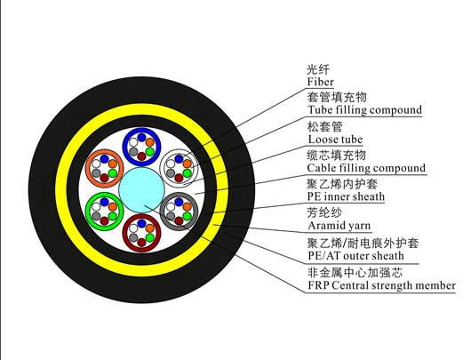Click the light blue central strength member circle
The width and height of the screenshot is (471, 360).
point(142,190)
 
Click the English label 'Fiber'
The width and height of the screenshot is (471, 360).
point(320,82)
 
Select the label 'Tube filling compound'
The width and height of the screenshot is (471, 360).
point(364,110)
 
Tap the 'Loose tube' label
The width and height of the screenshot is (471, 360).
point(335,140)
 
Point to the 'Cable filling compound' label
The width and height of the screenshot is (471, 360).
point(366,168)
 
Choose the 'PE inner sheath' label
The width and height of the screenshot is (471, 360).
point(346,196)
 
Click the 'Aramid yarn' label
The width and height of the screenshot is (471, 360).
point(339,226)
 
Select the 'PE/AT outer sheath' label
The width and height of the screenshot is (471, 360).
point(355,256)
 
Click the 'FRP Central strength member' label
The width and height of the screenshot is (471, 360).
point(381,285)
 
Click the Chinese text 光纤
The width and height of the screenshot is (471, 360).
point(318,69)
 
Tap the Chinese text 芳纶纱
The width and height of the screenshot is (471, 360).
point(324,212)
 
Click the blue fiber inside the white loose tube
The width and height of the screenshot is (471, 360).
point(179,159)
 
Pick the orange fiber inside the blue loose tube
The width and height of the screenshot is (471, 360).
point(150,142)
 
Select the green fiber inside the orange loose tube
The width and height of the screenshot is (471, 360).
point(113,173)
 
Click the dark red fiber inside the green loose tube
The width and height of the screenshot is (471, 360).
point(104,220)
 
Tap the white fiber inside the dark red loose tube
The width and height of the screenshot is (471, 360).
point(133,228)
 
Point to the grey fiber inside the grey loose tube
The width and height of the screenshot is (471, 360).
point(171,216)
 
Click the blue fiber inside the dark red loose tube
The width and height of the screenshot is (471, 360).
point(141,224)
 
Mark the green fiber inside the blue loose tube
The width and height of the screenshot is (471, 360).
point(150,151)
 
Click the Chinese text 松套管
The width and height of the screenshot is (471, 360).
point(324,126)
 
